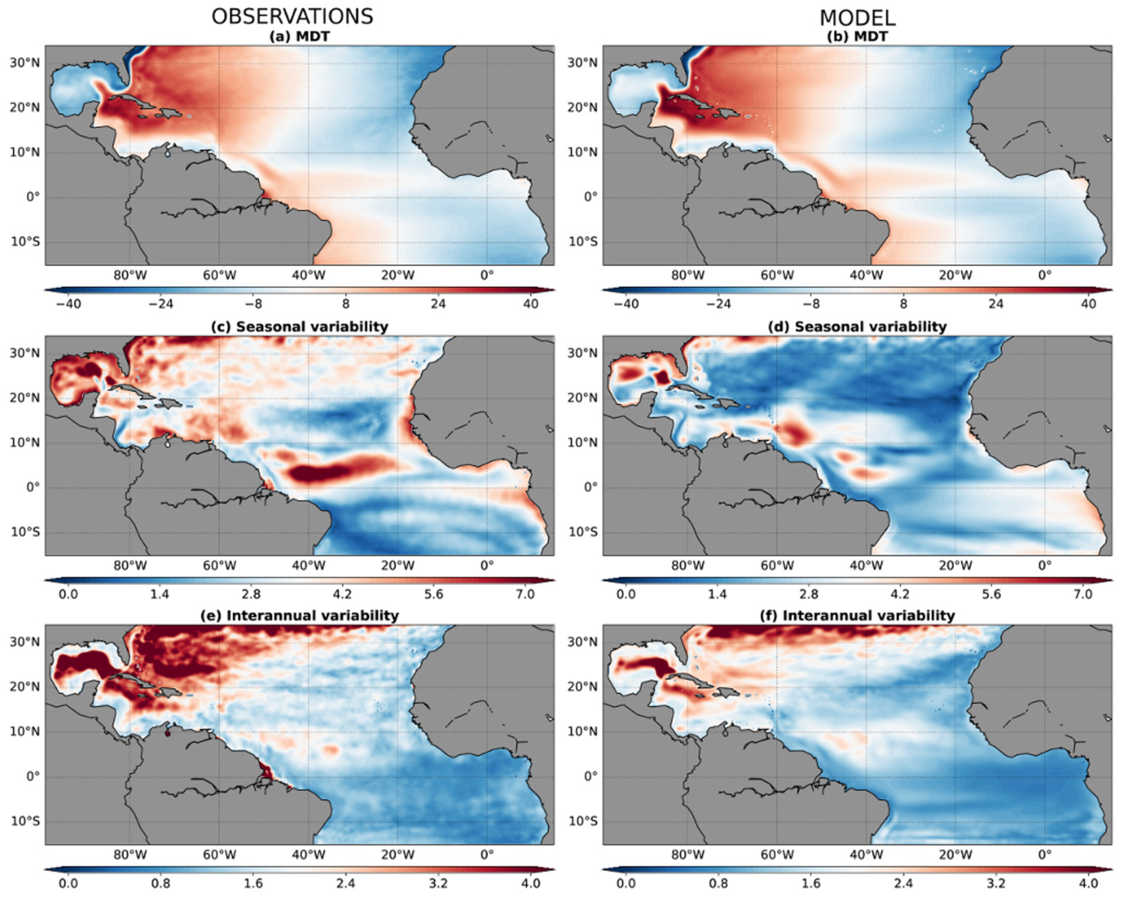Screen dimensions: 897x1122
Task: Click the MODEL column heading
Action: click(857, 18)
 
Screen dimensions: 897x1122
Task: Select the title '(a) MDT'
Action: click(299, 37)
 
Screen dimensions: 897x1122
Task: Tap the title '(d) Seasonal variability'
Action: click(857, 326)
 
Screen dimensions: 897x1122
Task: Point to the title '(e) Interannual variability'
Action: click(299, 615)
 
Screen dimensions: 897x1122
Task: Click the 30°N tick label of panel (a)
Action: click(25, 63)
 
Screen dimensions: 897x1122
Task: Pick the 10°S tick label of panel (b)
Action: click(582, 242)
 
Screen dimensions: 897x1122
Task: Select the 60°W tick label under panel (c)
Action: click(219, 566)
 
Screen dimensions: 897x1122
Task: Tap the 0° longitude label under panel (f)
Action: click(1045, 855)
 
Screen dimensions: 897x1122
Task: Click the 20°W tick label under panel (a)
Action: click(397, 275)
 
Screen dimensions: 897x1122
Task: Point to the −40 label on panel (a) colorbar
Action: click(68, 304)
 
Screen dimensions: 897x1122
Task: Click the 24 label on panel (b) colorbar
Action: click(995, 304)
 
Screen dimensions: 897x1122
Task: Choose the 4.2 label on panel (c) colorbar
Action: click(341, 594)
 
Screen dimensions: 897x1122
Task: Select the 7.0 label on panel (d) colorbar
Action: click(1083, 594)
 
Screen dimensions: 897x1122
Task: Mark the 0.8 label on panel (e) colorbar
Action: click(160, 883)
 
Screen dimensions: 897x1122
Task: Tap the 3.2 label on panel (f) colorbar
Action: click(995, 883)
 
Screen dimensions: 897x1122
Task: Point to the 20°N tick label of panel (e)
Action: click(25, 687)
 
